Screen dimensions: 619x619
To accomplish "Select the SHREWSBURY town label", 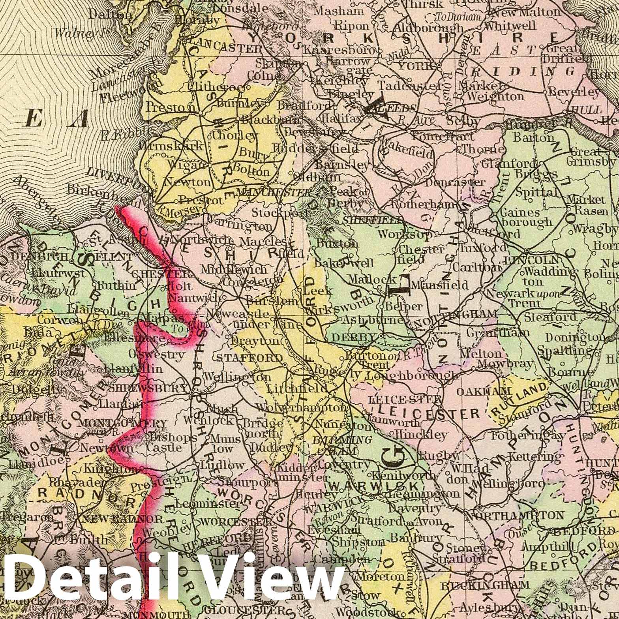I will [x=147, y=388].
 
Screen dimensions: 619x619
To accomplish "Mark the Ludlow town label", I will [x=222, y=465].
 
